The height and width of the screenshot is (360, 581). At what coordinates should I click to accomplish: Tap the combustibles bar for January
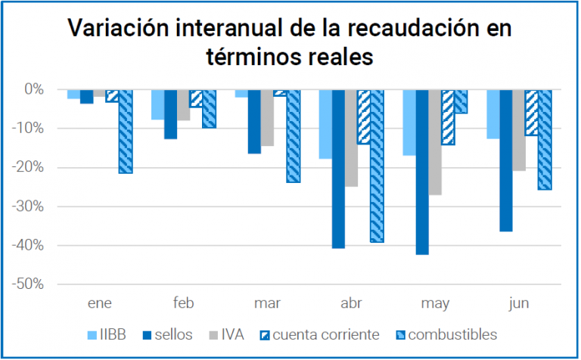click(x=126, y=131)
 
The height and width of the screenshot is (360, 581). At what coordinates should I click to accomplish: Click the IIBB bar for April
click(x=325, y=124)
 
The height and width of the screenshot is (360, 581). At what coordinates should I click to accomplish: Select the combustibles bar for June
click(x=545, y=139)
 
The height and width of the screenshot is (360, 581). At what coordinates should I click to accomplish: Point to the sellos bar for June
click(x=506, y=160)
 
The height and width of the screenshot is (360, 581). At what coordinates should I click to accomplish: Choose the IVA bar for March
click(x=267, y=117)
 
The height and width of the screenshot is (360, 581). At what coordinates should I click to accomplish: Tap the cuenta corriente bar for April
click(x=365, y=116)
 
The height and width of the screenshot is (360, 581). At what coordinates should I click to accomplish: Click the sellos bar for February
click(x=170, y=113)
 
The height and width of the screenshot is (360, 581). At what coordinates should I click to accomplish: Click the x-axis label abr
click(x=351, y=304)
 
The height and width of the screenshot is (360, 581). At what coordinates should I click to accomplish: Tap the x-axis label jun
click(x=519, y=304)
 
